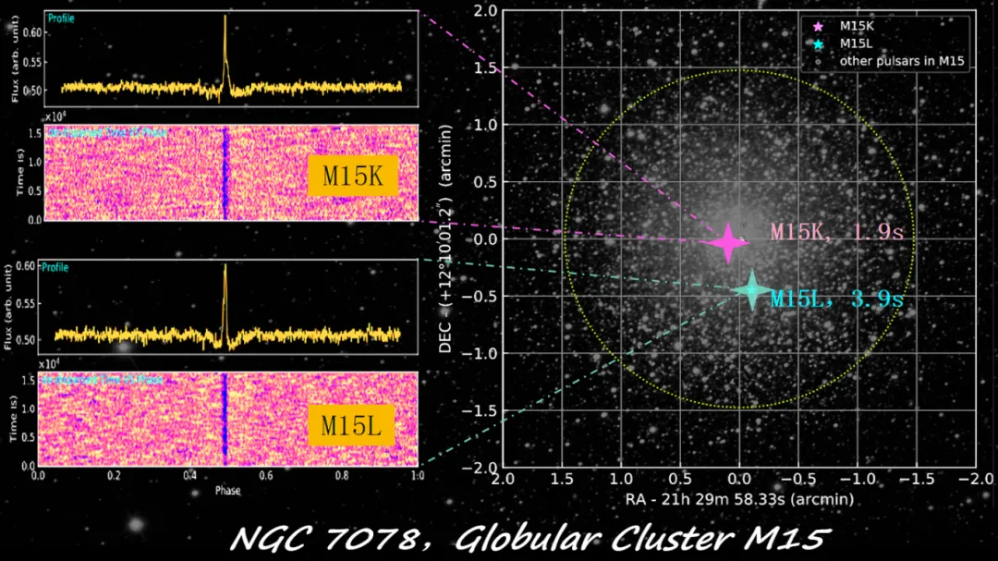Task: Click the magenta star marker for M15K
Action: (x=727, y=242)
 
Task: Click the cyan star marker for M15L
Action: (x=751, y=290)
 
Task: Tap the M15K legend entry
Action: (x=857, y=26)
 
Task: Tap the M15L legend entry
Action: (x=856, y=43)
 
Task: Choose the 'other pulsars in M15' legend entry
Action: (x=901, y=61)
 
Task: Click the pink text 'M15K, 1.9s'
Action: (x=836, y=231)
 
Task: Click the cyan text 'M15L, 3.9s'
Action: (x=836, y=299)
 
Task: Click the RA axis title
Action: (x=738, y=499)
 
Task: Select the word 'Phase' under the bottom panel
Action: (x=227, y=490)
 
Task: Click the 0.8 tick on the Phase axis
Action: (x=342, y=477)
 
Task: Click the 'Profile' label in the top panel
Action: (x=62, y=18)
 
